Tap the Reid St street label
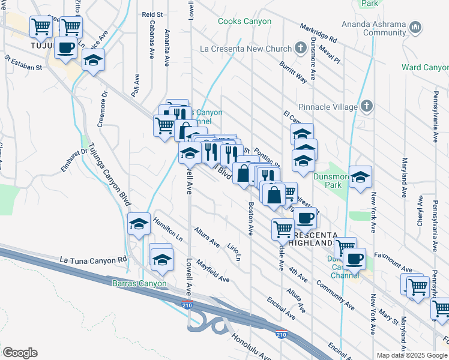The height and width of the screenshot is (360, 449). [x=152, y=14]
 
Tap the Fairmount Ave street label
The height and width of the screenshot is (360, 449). [x=395, y=254]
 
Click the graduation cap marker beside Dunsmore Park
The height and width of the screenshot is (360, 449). [x=360, y=176]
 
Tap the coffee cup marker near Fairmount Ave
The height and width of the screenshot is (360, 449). [x=354, y=259]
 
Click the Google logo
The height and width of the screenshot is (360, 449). [x=20, y=353]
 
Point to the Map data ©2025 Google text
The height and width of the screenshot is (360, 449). [x=412, y=355]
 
